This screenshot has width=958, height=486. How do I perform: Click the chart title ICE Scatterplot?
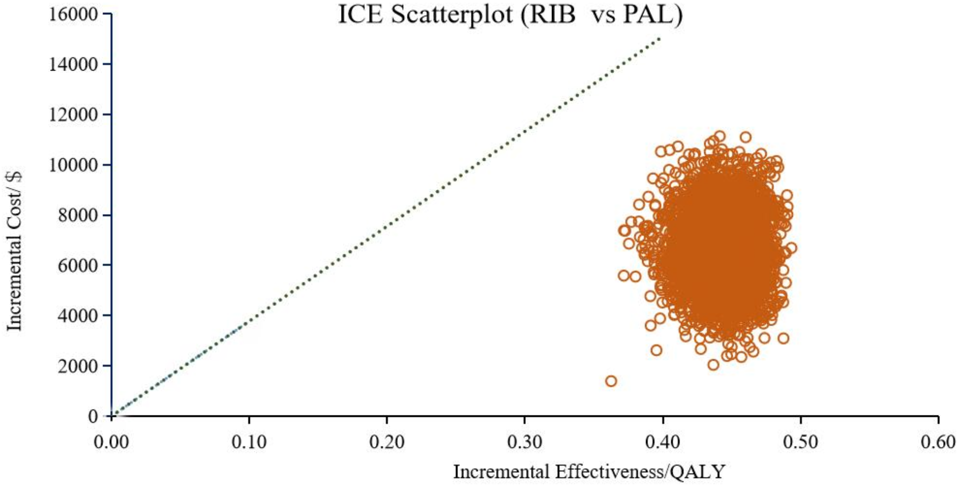pyautogui.click(x=510, y=14)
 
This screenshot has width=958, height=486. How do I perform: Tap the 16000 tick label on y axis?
pyautogui.click(x=73, y=14)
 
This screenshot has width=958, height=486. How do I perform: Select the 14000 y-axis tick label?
pyautogui.click(x=73, y=64)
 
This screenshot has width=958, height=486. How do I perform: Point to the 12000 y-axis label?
pyautogui.click(x=73, y=114)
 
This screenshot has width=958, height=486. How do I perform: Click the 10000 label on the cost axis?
pyautogui.click(x=73, y=165)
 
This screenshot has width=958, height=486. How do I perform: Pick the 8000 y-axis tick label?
pyautogui.click(x=78, y=215)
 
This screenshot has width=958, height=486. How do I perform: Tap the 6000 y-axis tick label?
pyautogui.click(x=78, y=266)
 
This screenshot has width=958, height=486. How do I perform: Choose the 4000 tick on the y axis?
pyautogui.click(x=78, y=316)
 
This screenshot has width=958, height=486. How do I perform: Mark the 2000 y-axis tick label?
pyautogui.click(x=78, y=366)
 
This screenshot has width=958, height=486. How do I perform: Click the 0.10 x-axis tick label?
pyautogui.click(x=249, y=442)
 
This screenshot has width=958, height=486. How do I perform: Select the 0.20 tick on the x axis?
pyautogui.click(x=387, y=442)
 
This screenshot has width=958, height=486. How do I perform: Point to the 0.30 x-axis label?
pyautogui.click(x=525, y=442)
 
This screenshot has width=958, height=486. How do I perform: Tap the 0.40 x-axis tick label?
pyautogui.click(x=663, y=442)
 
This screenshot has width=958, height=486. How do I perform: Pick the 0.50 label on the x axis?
pyautogui.click(x=801, y=442)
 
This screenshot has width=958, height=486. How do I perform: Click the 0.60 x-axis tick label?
pyautogui.click(x=938, y=442)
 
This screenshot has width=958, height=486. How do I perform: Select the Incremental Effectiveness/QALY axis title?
pyautogui.click(x=589, y=472)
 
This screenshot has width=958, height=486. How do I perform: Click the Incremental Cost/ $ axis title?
pyautogui.click(x=14, y=251)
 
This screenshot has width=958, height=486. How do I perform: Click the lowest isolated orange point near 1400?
pyautogui.click(x=611, y=381)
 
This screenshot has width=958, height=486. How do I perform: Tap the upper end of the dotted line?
pyautogui.click(x=660, y=38)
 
